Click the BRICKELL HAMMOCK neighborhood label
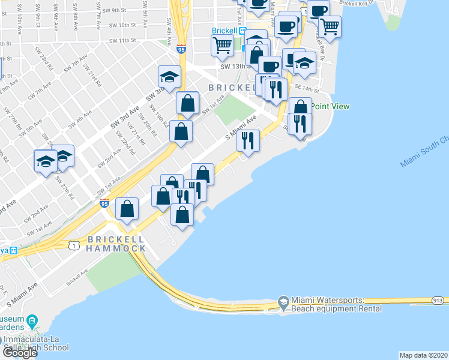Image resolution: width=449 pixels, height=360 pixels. point(116,244)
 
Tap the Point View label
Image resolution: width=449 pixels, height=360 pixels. point(330,106)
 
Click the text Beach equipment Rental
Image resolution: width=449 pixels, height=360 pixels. point(336,309)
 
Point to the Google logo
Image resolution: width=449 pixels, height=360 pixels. point(19,353)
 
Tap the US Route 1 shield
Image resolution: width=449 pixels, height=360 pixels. point(74,245)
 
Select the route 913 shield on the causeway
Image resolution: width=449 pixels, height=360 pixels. point(436,301)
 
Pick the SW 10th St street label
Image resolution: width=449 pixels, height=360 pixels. point(119,25)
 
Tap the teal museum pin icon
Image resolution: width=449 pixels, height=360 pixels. point(32,319)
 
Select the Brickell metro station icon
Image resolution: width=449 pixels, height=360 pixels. point(243,31)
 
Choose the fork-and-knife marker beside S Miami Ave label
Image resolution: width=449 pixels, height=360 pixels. point(248,141)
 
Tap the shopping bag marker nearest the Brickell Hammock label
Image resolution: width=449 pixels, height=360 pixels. point(127,209)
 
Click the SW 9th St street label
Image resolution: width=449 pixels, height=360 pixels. point(114,11)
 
